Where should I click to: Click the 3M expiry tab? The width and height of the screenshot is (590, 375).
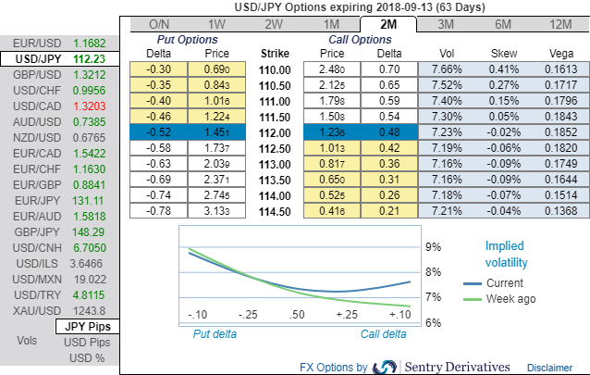(445, 24)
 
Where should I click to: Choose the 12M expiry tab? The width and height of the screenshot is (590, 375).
(559, 24)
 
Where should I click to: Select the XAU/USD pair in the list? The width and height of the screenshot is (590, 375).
(31, 310)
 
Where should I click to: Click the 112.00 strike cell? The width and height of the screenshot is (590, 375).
(276, 132)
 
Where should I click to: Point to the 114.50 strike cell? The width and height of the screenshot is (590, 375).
(276, 211)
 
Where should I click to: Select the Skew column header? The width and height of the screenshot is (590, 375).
(503, 54)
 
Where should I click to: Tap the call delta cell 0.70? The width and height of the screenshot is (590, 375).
(388, 69)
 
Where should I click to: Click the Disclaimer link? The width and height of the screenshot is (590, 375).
(549, 368)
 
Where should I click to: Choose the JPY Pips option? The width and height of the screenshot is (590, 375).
(88, 327)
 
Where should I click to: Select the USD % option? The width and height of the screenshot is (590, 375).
(88, 358)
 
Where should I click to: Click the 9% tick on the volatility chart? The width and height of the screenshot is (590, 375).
(432, 248)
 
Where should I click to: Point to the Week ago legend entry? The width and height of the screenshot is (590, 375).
(510, 298)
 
